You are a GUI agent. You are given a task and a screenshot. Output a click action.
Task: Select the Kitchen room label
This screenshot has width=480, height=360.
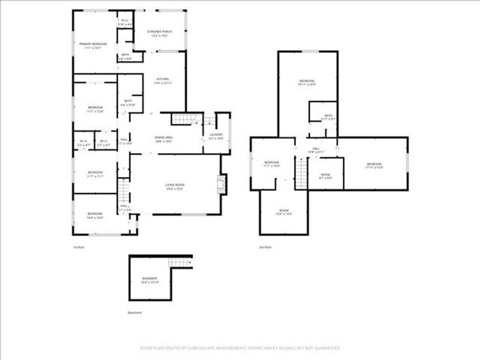pyautogui.click(x=163, y=79)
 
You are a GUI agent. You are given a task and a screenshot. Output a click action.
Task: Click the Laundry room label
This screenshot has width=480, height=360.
pyautogui.click(x=216, y=135)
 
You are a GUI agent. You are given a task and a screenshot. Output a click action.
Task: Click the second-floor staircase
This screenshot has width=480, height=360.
pyautogui.click(x=301, y=173)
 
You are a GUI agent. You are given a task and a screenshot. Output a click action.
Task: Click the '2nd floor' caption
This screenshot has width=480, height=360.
pyautogui.click(x=265, y=247)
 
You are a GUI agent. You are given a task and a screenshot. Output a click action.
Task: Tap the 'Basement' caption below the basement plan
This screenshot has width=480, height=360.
pyautogui.click(x=135, y=313)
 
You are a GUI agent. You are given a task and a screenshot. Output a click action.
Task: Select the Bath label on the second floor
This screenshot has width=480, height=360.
pyautogui.click(x=328, y=116)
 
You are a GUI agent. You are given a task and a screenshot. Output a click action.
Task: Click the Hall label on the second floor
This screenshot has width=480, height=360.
pyautogui.click(x=316, y=149)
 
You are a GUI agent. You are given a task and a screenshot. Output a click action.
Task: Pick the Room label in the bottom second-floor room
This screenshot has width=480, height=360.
pyautogui.click(x=284, y=210)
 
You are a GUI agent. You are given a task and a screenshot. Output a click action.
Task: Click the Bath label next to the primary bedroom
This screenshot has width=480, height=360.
pyautogui.click(x=125, y=55)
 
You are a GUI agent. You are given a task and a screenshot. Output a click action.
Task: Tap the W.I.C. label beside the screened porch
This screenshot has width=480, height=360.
pyautogui.click(x=125, y=21)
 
